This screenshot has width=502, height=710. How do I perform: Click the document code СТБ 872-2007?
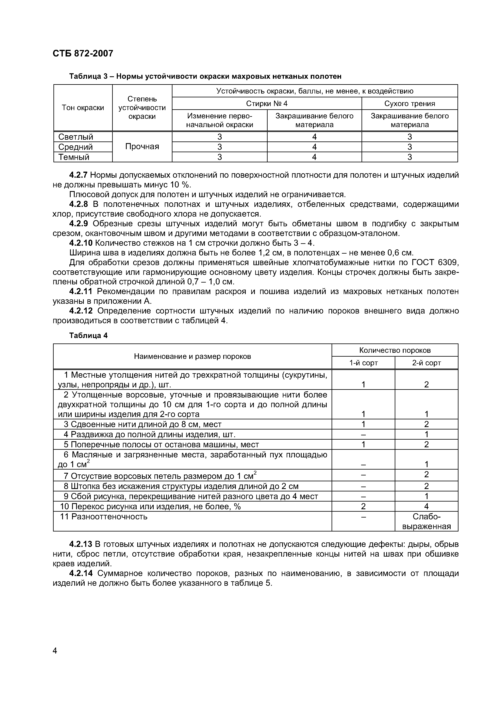coord(83,53)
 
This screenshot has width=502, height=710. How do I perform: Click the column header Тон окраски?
coord(83,108)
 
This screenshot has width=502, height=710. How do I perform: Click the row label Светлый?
coord(76,137)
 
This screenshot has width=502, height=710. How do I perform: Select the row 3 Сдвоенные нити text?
coord(143,424)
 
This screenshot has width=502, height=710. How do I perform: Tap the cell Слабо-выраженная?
coord(426,521)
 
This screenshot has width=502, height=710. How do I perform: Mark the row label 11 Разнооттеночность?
coord(104,517)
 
